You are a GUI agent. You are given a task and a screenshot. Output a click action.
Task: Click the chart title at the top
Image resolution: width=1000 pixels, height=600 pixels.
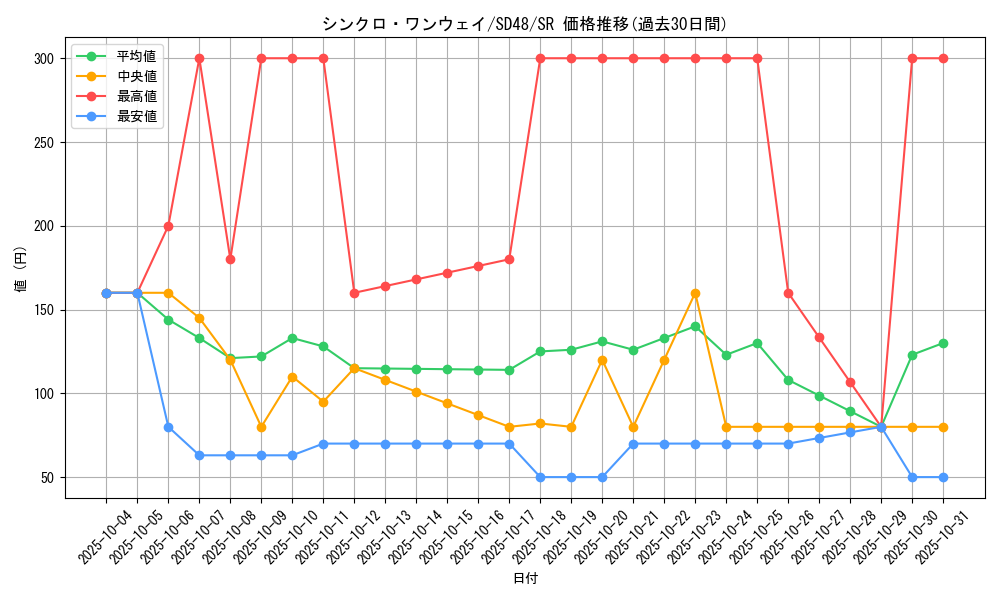524,24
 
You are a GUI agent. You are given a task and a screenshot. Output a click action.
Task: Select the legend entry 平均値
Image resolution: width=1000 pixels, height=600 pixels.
137,56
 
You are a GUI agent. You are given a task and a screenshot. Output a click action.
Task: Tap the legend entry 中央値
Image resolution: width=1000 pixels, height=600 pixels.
137,76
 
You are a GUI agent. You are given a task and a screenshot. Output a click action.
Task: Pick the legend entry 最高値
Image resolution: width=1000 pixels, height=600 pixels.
137,96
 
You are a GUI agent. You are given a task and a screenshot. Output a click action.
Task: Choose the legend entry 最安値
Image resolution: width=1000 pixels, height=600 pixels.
137,116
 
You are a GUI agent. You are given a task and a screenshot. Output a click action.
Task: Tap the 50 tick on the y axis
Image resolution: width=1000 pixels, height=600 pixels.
46,477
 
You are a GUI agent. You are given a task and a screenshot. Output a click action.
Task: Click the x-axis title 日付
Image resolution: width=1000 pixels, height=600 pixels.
525,579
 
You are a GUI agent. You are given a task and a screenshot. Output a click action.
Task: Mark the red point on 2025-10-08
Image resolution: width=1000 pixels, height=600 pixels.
230,259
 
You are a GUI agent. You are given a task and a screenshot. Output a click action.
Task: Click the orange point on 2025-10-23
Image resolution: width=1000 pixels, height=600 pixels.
695,293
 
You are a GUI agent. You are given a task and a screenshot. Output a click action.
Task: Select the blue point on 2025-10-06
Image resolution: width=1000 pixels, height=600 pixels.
168,427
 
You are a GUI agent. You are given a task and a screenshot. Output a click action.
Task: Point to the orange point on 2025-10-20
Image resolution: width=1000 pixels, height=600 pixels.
602,360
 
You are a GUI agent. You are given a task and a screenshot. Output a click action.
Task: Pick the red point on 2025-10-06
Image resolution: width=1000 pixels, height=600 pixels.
168,226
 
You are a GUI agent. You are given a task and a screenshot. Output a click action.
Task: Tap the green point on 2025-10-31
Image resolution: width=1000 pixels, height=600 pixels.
943,343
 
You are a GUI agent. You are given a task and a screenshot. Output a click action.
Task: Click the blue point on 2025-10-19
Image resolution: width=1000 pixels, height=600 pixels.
571,477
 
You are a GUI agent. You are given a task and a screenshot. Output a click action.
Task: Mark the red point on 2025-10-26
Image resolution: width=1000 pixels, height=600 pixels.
788,293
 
